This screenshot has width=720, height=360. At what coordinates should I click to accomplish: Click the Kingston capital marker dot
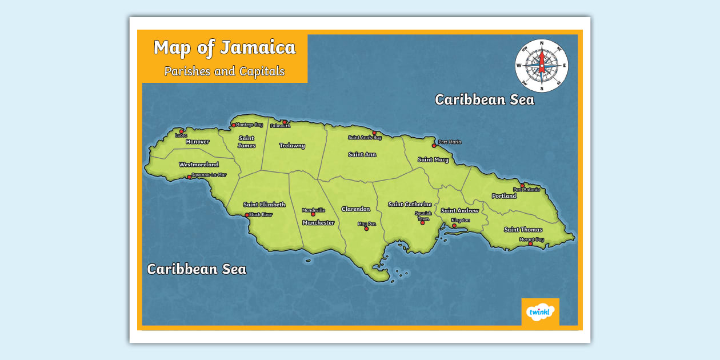coord(454,226)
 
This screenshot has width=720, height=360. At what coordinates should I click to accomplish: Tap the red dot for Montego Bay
coord(233,125)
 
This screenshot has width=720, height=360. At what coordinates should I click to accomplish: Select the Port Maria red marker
coord(434,145)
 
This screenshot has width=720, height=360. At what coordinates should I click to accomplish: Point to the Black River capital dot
coord(247,215)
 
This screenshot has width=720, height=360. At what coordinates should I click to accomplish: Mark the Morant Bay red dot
coord(530,244)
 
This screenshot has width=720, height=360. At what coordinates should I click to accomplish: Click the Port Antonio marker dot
coord(522,185)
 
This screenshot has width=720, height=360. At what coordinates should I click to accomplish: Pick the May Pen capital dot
coord(366,229)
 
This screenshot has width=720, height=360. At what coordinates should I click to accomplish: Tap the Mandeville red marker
coord(313,214)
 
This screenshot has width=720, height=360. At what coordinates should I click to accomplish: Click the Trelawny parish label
coord(292,146)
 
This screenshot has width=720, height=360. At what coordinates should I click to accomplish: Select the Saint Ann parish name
coord(362,154)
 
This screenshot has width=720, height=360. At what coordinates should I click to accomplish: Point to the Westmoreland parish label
coord(199,165)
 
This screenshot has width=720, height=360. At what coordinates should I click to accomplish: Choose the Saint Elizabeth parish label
coord(264,205)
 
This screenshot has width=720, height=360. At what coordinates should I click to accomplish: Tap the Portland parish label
coord(504,196)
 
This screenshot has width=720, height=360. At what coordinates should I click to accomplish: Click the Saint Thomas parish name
coord(523,230)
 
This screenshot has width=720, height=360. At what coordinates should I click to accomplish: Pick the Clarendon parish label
coord(356,209)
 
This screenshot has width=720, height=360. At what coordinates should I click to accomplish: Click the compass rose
coord(541,66)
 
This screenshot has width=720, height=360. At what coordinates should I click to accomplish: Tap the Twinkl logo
coord(540,312)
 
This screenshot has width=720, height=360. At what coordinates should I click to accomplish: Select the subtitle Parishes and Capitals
coord(225,71)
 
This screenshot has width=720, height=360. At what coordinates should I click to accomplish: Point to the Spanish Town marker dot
coord(423,223)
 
